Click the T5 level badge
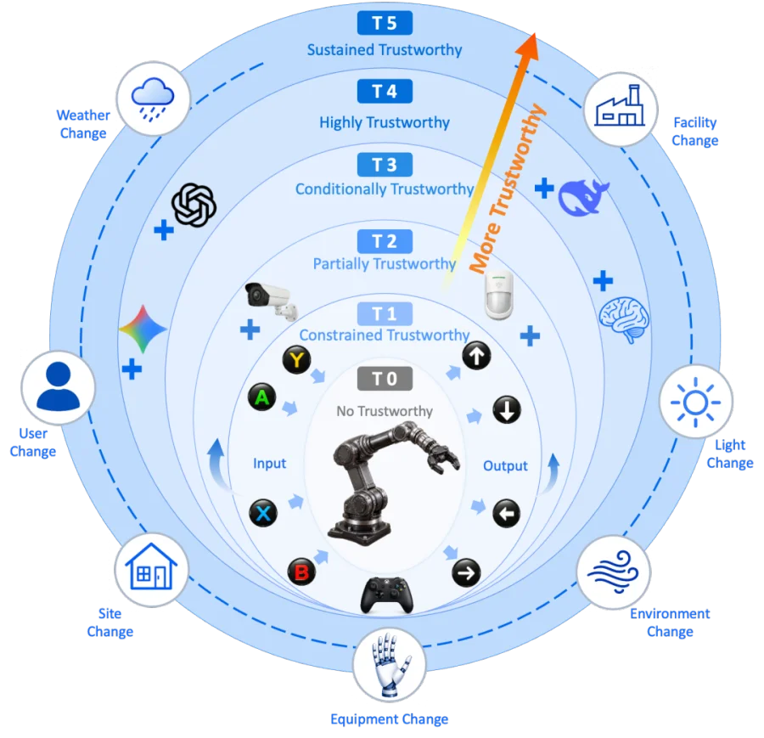click(385, 23)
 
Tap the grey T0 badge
click(385, 379)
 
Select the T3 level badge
click(385, 165)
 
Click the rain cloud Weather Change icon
click(153, 99)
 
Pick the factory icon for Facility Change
click(620, 106)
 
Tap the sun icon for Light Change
click(695, 403)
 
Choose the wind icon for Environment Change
click(613, 572)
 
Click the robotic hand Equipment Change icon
click(390, 664)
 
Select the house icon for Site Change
click(151, 566)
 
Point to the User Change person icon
click(58, 386)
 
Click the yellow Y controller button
click(297, 360)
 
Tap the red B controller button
click(301, 572)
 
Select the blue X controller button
click(263, 513)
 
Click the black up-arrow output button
click(476, 356)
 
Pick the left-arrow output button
click(506, 513)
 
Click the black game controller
click(387, 594)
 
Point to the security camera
click(272, 301)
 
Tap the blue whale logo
click(583, 197)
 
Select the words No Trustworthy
click(385, 411)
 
